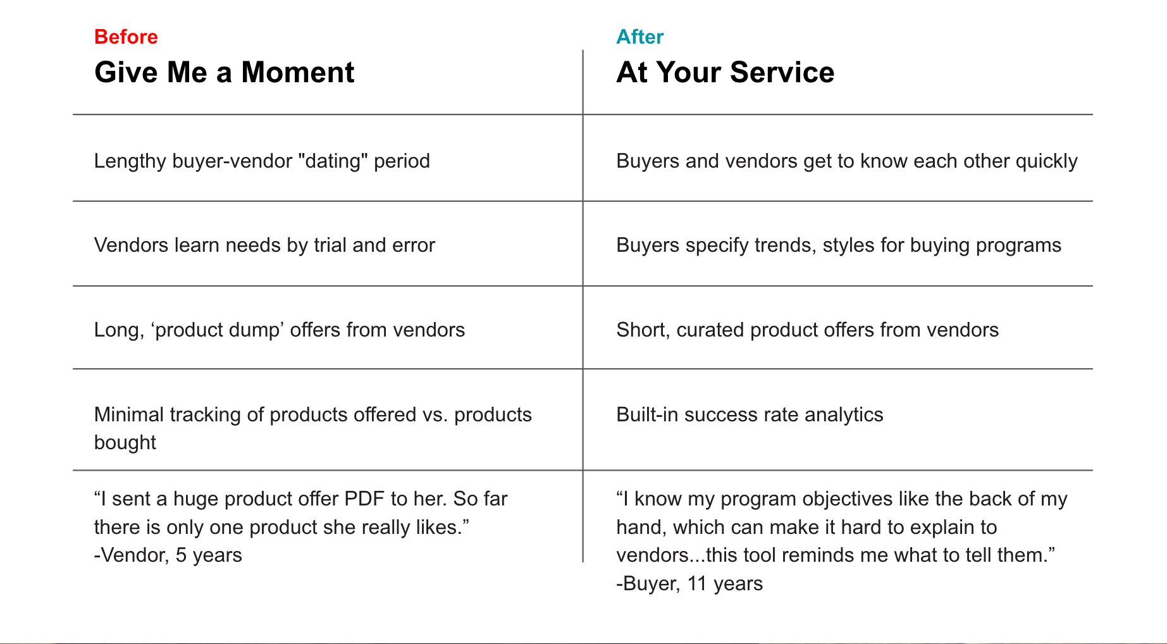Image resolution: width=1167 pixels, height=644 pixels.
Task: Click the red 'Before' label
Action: point(126,37)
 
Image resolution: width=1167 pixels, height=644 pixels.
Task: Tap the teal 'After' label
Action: point(640,37)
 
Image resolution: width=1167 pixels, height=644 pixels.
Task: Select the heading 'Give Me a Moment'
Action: point(225,72)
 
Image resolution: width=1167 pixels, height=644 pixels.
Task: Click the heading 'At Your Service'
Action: point(726,72)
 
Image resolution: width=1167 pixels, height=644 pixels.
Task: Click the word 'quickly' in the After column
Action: point(1046,161)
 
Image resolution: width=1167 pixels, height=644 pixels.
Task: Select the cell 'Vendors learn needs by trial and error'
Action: point(264,245)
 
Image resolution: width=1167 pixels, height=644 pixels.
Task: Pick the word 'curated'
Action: point(710,330)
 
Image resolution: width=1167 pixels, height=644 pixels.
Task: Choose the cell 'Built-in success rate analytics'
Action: point(750,415)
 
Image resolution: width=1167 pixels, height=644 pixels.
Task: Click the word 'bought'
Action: point(125,443)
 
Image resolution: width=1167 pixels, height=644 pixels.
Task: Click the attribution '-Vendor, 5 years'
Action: point(168,555)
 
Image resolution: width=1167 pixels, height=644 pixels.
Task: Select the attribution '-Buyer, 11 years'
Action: point(689,584)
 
